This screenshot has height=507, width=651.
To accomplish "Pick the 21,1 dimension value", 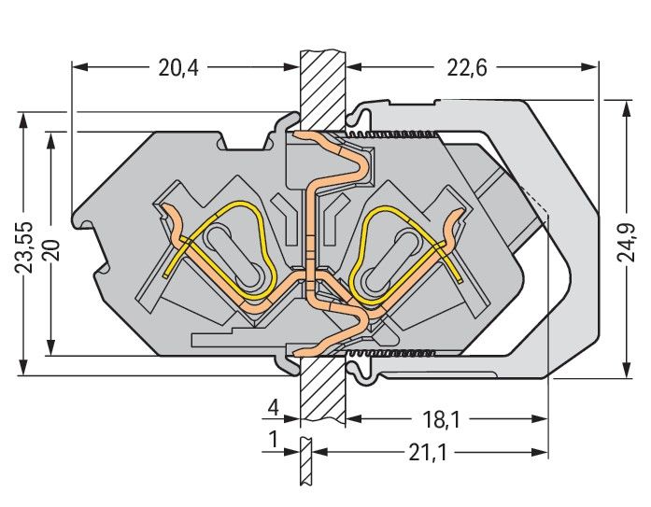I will click(x=426, y=453).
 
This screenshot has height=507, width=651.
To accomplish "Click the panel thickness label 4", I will click(x=273, y=409).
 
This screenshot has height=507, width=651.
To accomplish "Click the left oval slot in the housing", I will click(x=234, y=258).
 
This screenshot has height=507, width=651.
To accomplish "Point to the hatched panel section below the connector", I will click(x=322, y=392).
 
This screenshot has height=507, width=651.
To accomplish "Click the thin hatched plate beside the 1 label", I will click(x=305, y=462).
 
